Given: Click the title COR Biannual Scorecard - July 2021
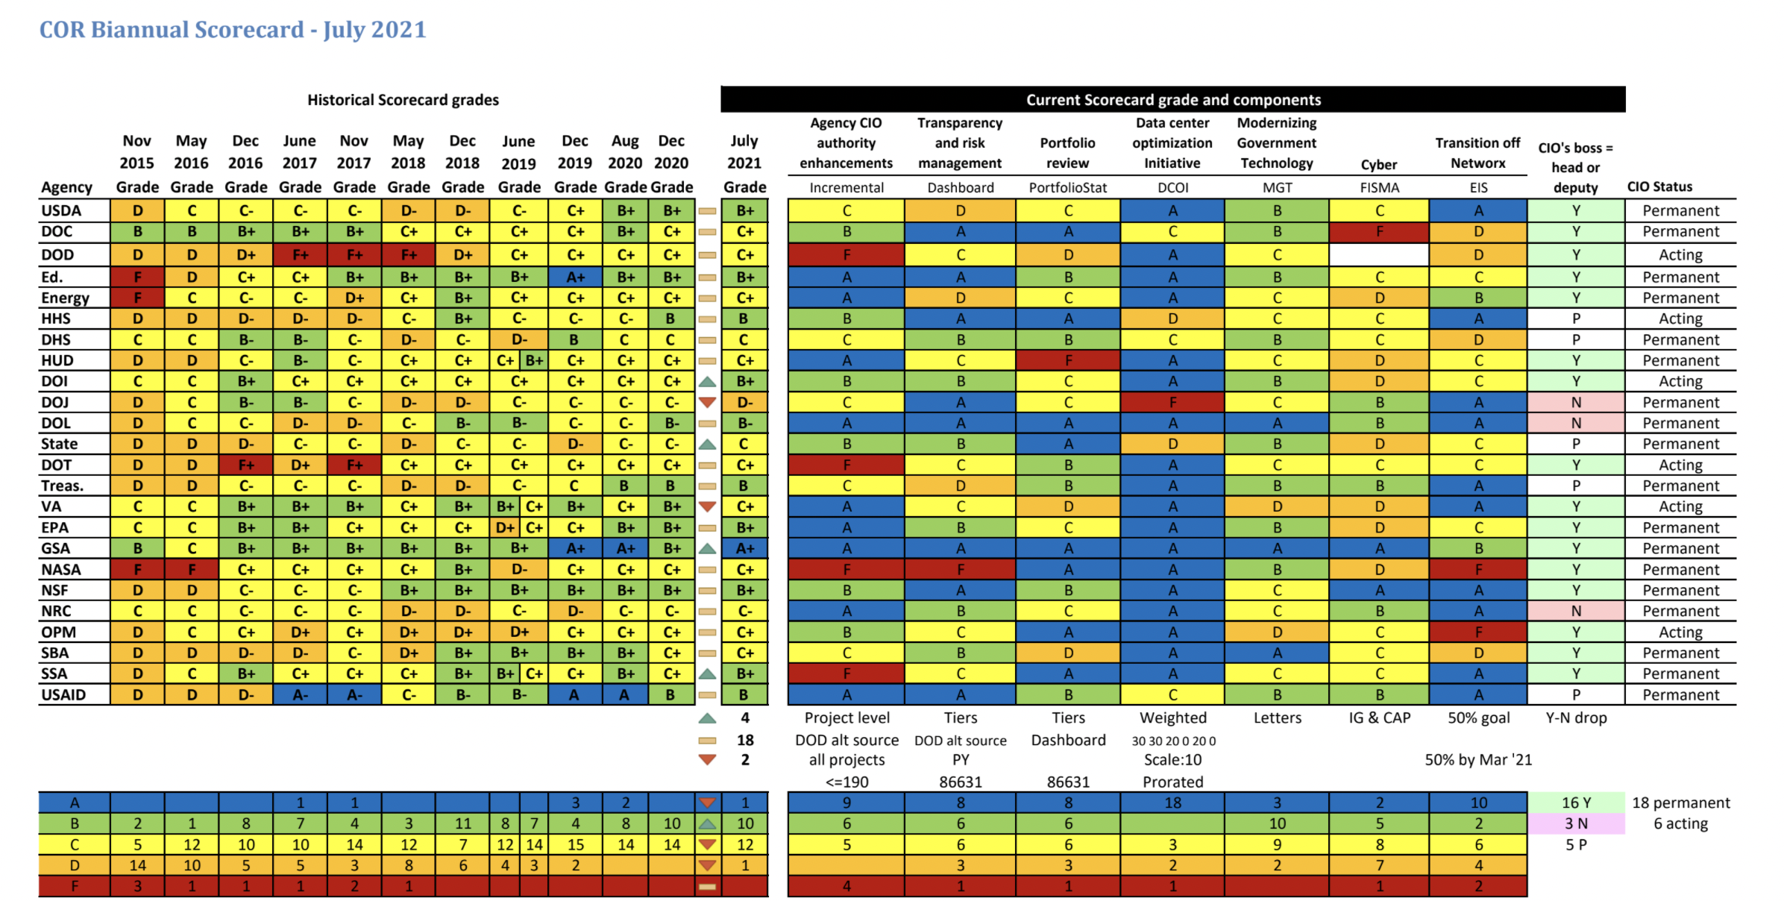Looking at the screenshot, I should [232, 30].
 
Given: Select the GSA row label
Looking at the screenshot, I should [56, 548].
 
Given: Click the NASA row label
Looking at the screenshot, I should [61, 569].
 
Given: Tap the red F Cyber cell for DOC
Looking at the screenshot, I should [1379, 231].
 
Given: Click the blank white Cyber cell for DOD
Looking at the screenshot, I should [1379, 254].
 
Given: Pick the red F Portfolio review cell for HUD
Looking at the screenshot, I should [1068, 360].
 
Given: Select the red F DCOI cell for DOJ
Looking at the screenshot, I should [1172, 402].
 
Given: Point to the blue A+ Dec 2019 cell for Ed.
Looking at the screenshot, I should [575, 277].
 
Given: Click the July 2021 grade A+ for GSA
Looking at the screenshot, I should [745, 548].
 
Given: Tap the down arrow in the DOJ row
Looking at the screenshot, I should [707, 402].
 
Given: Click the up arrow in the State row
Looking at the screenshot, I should [707, 444].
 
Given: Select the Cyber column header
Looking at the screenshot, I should [1379, 164].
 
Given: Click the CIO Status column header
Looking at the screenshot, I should [1659, 186].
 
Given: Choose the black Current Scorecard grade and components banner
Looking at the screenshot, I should [1172, 99].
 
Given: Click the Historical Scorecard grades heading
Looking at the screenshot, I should [403, 99].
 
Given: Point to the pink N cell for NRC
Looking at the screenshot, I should [1576, 611].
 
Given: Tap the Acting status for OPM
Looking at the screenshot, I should [1680, 632].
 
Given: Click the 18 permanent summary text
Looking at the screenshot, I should [1680, 803].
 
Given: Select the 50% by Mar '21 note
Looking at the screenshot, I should [1477, 759].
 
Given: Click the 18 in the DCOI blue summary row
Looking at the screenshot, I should [1172, 803].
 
